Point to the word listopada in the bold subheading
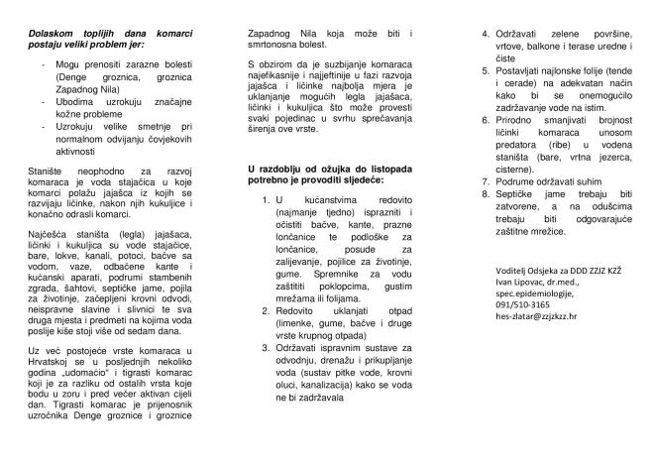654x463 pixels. click(403, 165)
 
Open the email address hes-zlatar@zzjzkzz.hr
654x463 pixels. click(539, 319)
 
